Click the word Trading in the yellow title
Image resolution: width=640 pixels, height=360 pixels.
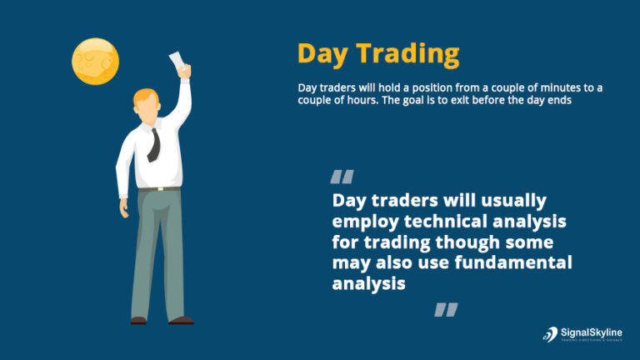(x=408, y=55)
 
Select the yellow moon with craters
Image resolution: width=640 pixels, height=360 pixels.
(x=95, y=62)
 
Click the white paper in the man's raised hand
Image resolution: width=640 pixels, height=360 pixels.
(x=177, y=60)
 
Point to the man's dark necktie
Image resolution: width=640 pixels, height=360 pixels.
(x=153, y=144)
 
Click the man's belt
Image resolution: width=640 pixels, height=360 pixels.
(x=157, y=189)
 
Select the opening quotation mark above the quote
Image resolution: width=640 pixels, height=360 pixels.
(x=342, y=177)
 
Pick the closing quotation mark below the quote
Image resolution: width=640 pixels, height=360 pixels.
(x=446, y=310)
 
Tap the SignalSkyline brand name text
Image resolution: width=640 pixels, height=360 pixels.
(x=593, y=332)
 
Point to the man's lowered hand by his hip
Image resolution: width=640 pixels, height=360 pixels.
(x=124, y=209)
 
